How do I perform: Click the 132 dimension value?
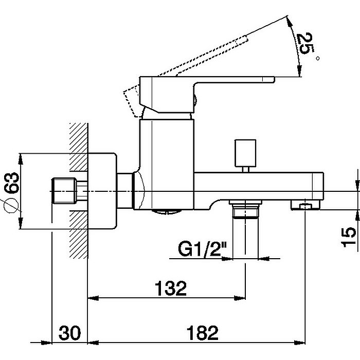(171, 288)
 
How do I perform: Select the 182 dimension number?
(203, 333)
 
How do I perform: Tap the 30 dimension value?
(70, 333)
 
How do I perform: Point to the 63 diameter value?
(11, 183)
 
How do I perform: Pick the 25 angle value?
(305, 43)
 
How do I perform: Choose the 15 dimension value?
(349, 237)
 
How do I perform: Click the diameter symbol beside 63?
(11, 205)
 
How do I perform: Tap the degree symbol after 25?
(318, 58)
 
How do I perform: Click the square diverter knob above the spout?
(245, 153)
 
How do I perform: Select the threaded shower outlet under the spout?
(245, 208)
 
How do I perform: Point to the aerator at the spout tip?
(305, 205)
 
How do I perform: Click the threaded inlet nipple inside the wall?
(64, 191)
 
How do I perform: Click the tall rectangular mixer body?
(167, 164)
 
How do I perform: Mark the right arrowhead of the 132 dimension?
(240, 298)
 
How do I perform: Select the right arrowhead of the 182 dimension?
(300, 343)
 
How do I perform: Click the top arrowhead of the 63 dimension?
(21, 159)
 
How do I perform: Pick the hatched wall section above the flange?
(79, 147)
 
